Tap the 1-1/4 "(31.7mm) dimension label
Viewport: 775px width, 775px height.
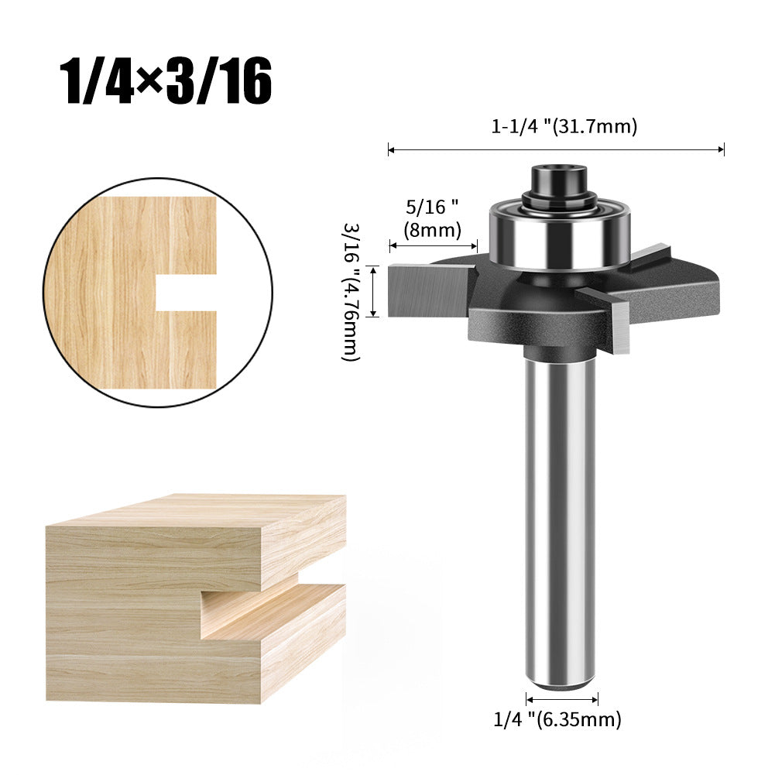(564, 127)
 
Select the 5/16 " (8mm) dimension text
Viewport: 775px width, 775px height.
(432, 218)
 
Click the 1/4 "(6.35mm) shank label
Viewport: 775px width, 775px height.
(557, 719)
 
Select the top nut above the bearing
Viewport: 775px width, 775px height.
(557, 181)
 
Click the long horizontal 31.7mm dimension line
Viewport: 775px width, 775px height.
(556, 149)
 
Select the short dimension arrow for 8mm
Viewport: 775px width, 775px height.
(433, 245)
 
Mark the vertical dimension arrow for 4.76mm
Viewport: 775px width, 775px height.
(373, 291)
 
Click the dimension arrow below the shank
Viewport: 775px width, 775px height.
(561, 698)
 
